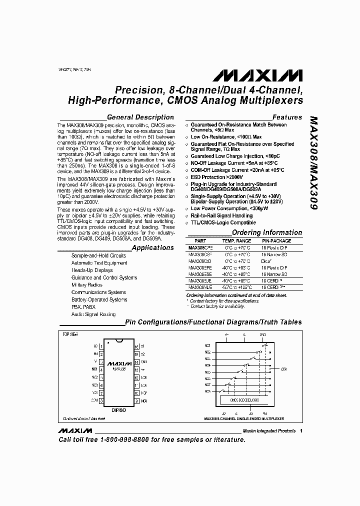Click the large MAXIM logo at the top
(x=258, y=75)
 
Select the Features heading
(x=287, y=117)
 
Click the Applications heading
(x=152, y=247)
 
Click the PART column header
(x=200, y=240)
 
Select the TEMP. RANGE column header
(x=237, y=240)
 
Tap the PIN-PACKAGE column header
(x=276, y=240)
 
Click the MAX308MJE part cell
(x=200, y=287)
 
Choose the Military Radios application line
(x=87, y=285)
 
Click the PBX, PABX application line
(x=83, y=307)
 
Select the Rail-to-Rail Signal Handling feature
(x=222, y=215)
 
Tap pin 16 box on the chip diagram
(x=136, y=346)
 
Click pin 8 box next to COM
(x=101, y=400)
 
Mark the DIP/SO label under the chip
(x=118, y=409)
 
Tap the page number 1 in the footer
(x=301, y=431)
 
